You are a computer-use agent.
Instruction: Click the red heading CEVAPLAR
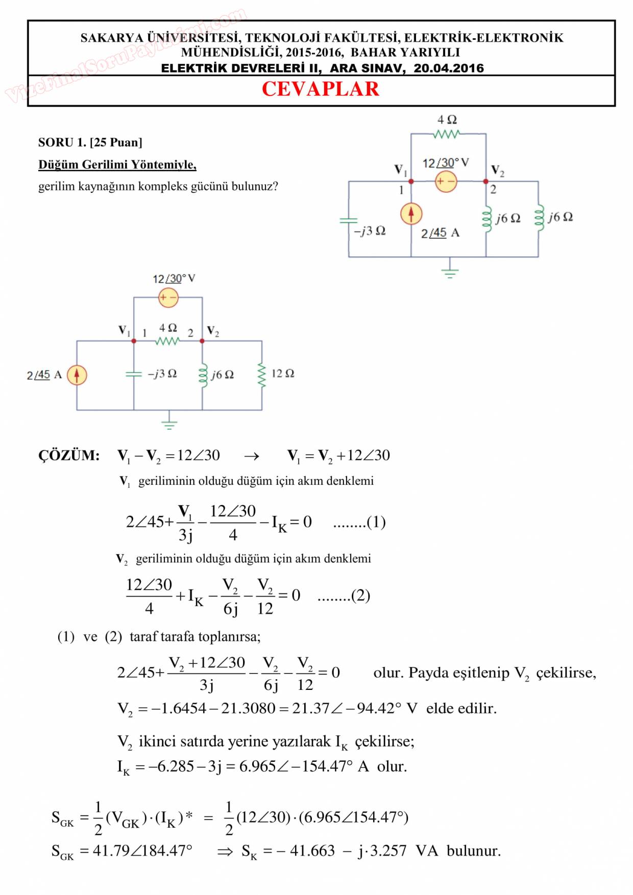[320, 89]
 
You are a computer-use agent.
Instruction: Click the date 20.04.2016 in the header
[448, 68]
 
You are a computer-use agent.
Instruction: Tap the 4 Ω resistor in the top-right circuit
[447, 134]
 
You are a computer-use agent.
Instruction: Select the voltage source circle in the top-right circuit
[446, 182]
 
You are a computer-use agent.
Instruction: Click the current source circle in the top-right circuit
[411, 214]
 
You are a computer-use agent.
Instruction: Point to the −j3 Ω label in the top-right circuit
[370, 231]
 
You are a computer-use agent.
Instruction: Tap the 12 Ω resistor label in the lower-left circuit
[282, 374]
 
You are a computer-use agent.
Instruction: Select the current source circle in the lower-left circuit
[77, 375]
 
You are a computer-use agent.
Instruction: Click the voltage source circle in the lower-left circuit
[168, 297]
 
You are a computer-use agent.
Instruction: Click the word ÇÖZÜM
[69, 456]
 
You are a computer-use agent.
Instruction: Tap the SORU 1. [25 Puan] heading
[90, 142]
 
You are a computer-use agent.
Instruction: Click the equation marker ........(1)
[359, 522]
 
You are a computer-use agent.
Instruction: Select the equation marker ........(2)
[343, 595]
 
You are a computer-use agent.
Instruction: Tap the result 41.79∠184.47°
[142, 851]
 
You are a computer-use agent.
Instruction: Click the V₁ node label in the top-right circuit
[400, 170]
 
